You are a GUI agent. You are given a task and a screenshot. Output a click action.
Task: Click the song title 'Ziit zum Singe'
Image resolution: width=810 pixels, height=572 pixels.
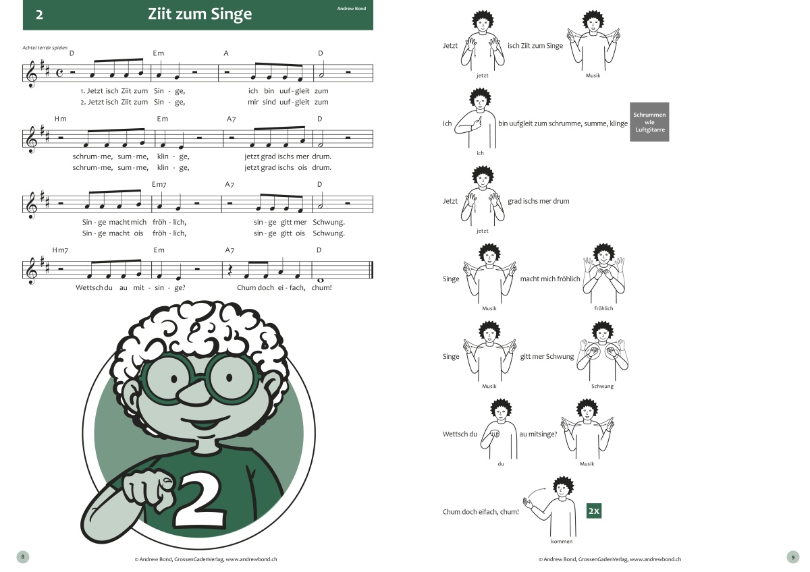(x=200, y=14)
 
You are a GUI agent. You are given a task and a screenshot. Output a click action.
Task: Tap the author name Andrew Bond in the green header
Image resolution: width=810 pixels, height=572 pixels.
(x=352, y=8)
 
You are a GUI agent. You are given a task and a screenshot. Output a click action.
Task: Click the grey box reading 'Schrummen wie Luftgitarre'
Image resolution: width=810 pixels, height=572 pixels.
(x=649, y=122)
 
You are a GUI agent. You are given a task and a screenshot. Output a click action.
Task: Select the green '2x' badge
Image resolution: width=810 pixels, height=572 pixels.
(x=594, y=511)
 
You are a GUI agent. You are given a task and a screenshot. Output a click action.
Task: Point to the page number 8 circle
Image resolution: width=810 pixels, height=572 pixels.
(x=23, y=556)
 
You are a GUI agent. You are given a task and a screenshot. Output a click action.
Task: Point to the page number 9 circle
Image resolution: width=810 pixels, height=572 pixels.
(x=793, y=557)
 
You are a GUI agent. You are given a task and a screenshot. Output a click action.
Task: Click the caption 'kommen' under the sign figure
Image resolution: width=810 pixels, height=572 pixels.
(x=562, y=541)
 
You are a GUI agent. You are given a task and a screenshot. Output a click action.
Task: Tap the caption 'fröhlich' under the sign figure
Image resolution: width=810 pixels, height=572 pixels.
(x=603, y=308)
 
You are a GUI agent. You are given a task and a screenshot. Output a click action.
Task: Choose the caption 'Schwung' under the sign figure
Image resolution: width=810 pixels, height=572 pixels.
(x=602, y=387)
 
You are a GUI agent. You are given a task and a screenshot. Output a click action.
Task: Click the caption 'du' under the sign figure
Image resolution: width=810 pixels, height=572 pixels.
(x=501, y=463)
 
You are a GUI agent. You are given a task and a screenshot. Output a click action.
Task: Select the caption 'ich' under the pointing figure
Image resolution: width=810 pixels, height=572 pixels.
(x=480, y=153)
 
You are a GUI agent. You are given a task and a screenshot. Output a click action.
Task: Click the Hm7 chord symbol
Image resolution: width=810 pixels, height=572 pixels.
(x=60, y=250)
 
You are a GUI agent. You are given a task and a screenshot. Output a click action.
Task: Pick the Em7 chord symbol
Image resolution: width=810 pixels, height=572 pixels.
(x=159, y=184)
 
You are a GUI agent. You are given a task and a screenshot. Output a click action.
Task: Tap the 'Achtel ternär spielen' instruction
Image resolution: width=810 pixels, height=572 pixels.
(x=45, y=48)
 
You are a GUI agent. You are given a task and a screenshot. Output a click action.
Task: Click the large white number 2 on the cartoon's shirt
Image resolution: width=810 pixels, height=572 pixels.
(x=199, y=500)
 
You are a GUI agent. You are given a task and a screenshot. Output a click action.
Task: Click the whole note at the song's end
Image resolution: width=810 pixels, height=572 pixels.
(x=320, y=280)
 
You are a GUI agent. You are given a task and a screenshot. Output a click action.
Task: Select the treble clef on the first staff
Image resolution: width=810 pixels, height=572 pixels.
(x=32, y=74)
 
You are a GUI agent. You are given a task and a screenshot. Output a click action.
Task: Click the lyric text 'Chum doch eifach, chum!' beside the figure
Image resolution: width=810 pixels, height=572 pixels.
(x=481, y=512)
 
